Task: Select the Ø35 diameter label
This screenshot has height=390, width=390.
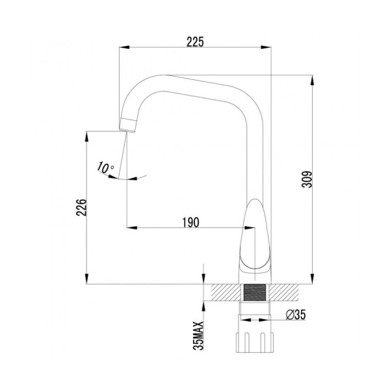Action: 296,315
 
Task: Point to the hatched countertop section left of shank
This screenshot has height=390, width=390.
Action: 221,291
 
